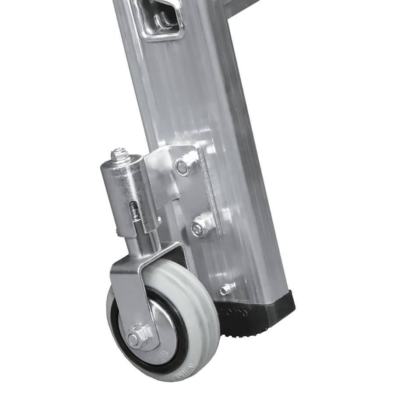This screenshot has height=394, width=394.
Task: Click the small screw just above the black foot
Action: click(225, 289)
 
